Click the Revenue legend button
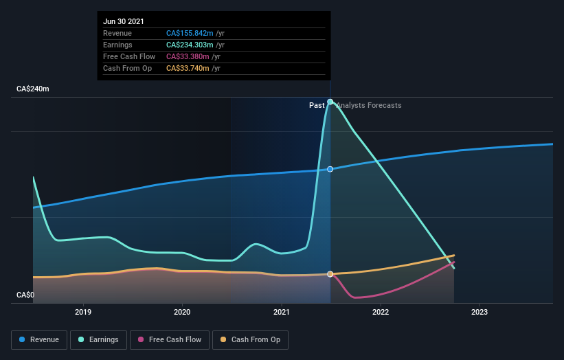point(40,339)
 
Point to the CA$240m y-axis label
point(33,89)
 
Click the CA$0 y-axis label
point(25,295)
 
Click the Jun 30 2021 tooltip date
point(124,22)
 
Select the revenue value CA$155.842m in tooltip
point(189,33)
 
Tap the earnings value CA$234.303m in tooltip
point(189,45)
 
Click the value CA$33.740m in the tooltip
point(187,68)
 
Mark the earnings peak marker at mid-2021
point(330,102)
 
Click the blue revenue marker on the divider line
point(330,169)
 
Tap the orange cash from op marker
point(330,274)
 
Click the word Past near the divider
point(317,105)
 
